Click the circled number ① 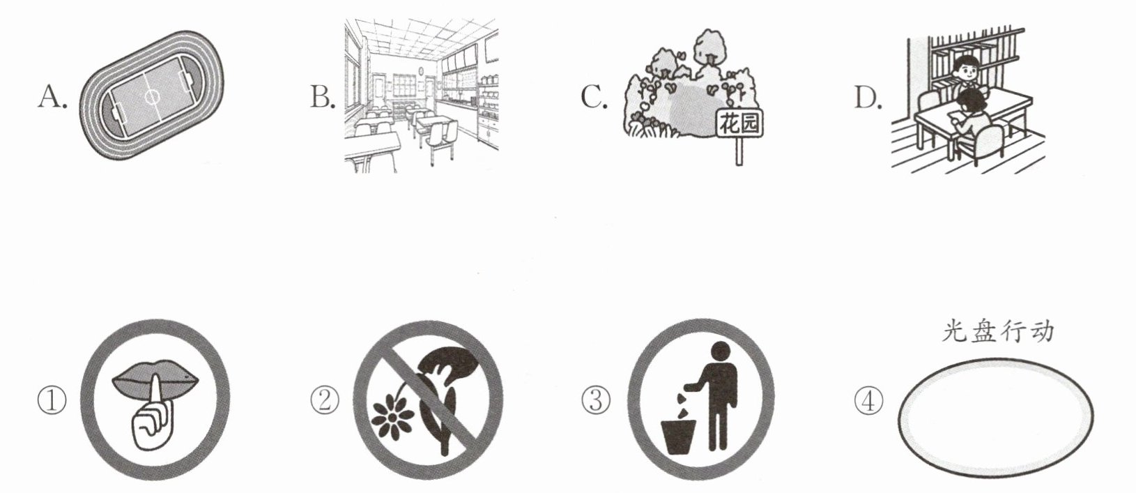(x=52, y=401)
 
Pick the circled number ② (x=325, y=401)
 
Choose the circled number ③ (x=596, y=401)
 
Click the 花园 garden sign (x=740, y=124)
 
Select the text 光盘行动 (x=997, y=332)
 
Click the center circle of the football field (x=152, y=96)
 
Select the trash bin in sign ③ (x=677, y=437)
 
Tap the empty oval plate (x=996, y=418)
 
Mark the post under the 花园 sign (x=739, y=151)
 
